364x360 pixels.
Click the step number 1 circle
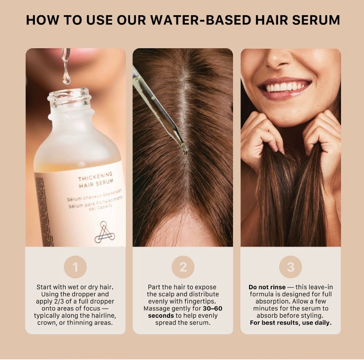click(x=75, y=267)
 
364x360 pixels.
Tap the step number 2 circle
click(x=183, y=267)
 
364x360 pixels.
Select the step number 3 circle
click(x=290, y=267)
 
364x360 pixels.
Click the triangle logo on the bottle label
click(x=105, y=232)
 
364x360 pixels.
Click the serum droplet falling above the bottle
click(x=67, y=78)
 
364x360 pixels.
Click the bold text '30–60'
click(x=212, y=308)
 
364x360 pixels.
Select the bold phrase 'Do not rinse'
click(x=267, y=287)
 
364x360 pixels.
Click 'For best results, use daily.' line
click(x=290, y=323)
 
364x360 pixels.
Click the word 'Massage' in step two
click(x=157, y=308)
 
